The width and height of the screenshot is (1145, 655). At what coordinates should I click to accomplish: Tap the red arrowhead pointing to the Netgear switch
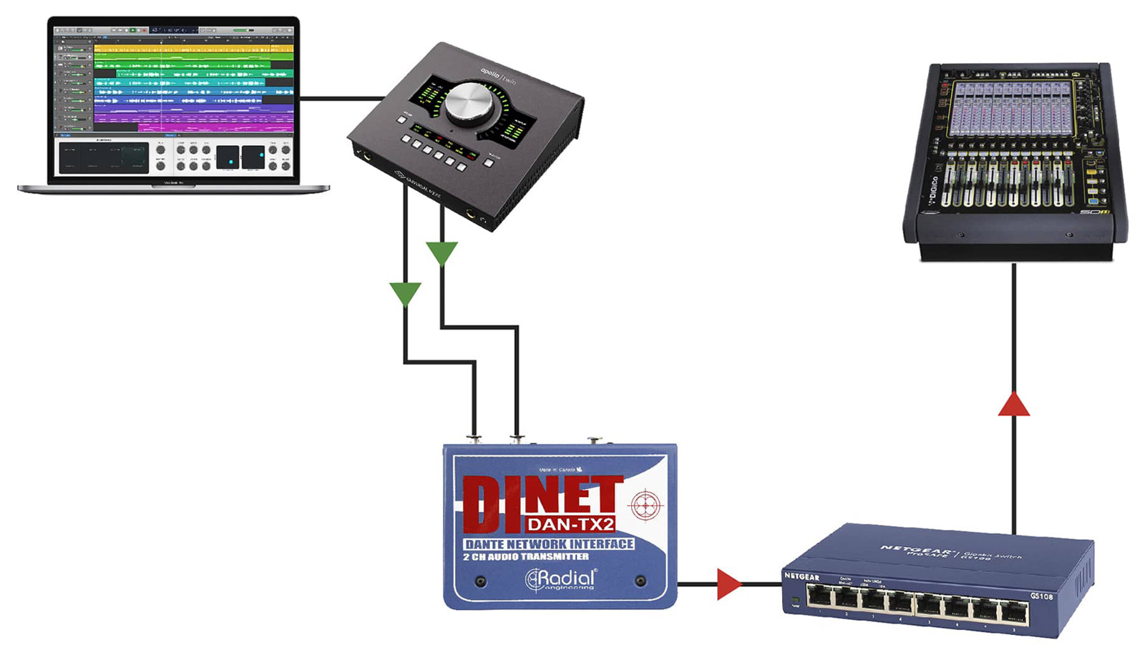point(728,583)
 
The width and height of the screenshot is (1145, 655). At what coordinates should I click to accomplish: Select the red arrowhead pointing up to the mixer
point(1013,404)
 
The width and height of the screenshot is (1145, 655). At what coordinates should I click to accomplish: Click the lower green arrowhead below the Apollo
point(405,293)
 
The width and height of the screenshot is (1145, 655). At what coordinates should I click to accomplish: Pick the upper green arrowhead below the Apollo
point(442,252)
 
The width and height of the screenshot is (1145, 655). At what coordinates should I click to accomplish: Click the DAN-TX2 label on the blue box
point(570,524)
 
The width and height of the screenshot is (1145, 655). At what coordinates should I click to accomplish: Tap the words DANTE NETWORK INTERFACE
point(549,544)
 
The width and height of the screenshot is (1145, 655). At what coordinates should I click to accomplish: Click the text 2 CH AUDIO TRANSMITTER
point(526,556)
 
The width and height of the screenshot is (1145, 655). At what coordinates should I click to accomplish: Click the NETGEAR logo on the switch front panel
point(801,576)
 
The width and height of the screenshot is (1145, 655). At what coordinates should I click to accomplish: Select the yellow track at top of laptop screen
point(193,49)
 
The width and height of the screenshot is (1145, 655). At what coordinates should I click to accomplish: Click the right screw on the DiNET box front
point(640,581)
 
